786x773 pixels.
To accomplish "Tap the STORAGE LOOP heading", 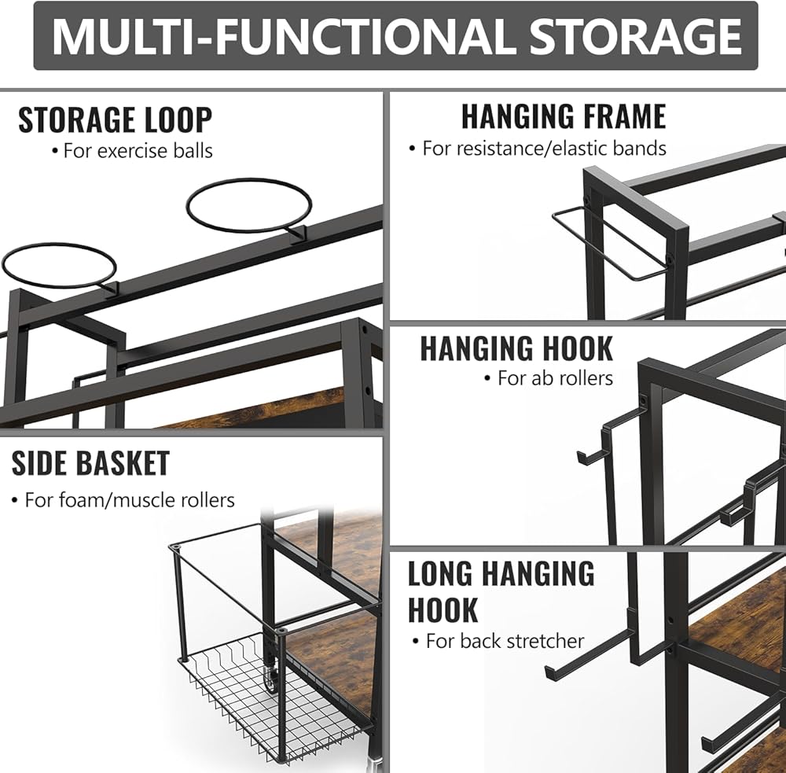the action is pyautogui.click(x=115, y=120).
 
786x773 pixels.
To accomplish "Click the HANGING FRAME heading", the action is pyautogui.click(x=563, y=116).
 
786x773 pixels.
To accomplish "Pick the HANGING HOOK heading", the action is pyautogui.click(x=516, y=348).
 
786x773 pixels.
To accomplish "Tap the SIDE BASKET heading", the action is pyautogui.click(x=90, y=463).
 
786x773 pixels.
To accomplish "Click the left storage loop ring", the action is pyautogui.click(x=59, y=267).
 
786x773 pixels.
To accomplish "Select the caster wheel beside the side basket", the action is pyautogui.click(x=271, y=677).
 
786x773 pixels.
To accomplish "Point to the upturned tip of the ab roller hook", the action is pyautogui.click(x=580, y=457).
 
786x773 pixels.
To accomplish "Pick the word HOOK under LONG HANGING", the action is pyautogui.click(x=443, y=610).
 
